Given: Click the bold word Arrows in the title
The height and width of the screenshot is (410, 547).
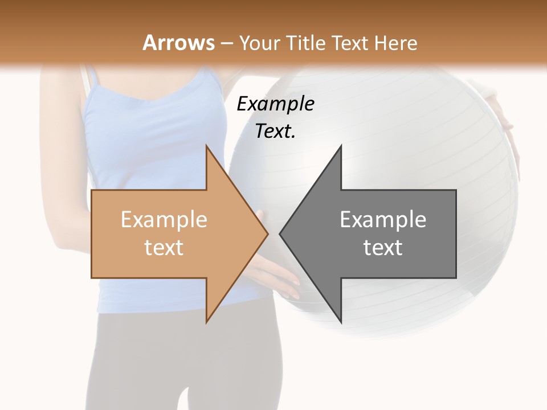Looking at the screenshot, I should pyautogui.click(x=179, y=43).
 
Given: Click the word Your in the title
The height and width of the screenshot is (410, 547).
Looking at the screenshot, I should pyautogui.click(x=260, y=43).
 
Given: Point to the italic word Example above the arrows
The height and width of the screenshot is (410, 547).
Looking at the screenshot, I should pyautogui.click(x=275, y=104).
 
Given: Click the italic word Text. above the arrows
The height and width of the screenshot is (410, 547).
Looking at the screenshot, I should pyautogui.click(x=275, y=132).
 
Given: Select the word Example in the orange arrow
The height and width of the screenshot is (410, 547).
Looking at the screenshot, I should pyautogui.click(x=164, y=219).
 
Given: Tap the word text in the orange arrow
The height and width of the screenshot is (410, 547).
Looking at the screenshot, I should pyautogui.click(x=164, y=247).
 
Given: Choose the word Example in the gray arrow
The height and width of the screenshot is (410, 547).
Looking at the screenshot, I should pyautogui.click(x=383, y=219).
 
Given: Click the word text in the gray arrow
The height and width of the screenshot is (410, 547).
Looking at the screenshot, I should pyautogui.click(x=383, y=247).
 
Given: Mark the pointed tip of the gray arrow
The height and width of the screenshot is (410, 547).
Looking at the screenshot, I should pyautogui.click(x=281, y=233).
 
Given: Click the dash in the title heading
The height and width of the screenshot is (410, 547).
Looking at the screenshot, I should pyautogui.click(x=226, y=43).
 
